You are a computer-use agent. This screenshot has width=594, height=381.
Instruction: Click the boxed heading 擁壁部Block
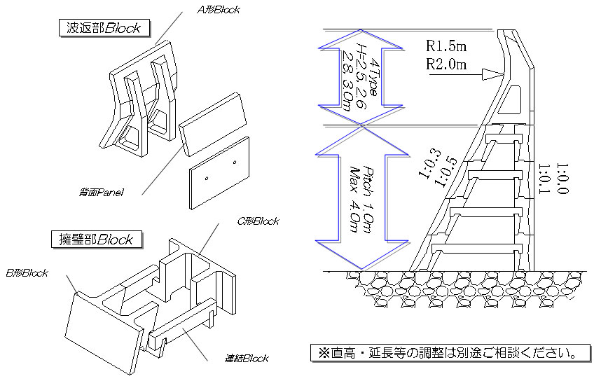coord(96,239)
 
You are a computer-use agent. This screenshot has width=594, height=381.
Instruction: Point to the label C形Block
coord(258,221)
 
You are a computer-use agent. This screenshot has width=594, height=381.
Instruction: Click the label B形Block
coord(27,272)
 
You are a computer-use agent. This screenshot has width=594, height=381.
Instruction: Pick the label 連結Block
coord(246,359)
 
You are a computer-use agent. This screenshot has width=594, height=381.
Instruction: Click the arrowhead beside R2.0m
coord(495,71)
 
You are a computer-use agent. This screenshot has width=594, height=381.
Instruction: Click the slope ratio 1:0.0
coord(562,179)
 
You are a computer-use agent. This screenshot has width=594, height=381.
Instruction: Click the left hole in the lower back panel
coord(207,179)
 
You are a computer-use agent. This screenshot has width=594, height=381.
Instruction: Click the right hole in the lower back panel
coord(234,162)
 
